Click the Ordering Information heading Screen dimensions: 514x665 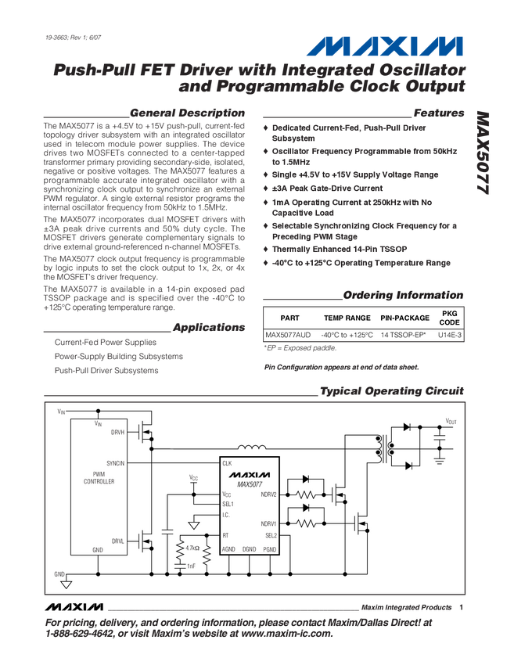click(x=403, y=295)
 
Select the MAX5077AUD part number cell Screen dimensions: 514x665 click(x=288, y=334)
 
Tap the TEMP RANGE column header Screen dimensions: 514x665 click(x=347, y=318)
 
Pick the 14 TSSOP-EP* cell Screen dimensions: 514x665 click(x=404, y=334)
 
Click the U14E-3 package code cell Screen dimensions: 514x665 click(x=450, y=334)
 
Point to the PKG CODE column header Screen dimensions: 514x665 click(x=450, y=318)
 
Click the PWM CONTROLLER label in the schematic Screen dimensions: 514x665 click(x=99, y=477)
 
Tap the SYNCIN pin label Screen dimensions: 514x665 click(x=114, y=463)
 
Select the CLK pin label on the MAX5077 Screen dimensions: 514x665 click(x=227, y=464)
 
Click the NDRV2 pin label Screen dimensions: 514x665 click(x=268, y=494)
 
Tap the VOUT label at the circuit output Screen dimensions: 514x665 click(x=451, y=421)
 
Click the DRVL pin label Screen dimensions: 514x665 click(x=117, y=540)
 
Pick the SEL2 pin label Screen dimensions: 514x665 click(x=271, y=535)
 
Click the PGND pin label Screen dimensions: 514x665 click(x=270, y=549)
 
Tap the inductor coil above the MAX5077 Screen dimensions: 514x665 click(x=251, y=448)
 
